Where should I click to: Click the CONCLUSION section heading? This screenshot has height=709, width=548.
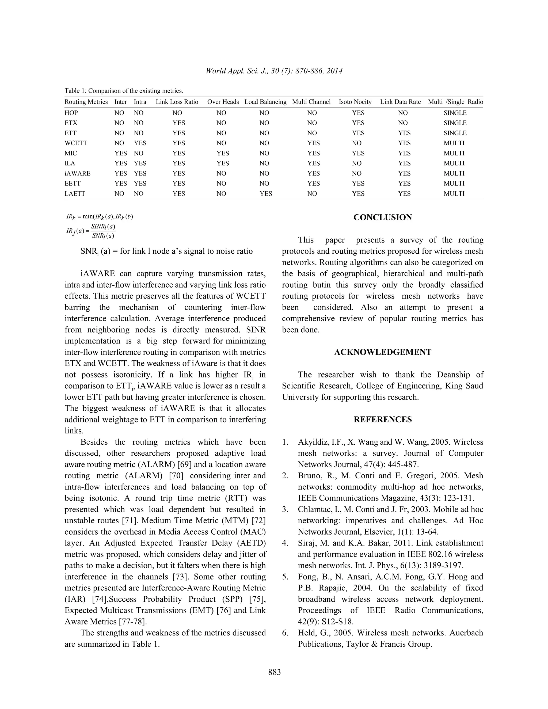pos(382,218)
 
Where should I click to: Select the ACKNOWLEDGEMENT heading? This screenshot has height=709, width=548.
pos(382,352)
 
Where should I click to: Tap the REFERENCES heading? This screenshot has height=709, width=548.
pos(382,420)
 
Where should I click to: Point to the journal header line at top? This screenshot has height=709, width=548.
pos(274,71)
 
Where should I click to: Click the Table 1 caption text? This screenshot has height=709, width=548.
pos(124,91)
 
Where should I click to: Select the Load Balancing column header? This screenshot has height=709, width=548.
pos(265,102)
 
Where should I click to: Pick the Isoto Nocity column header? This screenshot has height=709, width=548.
pos(355,102)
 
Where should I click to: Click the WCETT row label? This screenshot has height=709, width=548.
pos(76,143)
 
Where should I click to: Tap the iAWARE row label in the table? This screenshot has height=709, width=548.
pos(77,173)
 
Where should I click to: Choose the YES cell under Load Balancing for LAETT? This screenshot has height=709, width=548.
pos(265,194)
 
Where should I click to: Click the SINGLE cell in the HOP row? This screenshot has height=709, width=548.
pos(455,113)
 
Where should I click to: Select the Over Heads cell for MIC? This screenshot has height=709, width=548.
pos(222,153)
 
